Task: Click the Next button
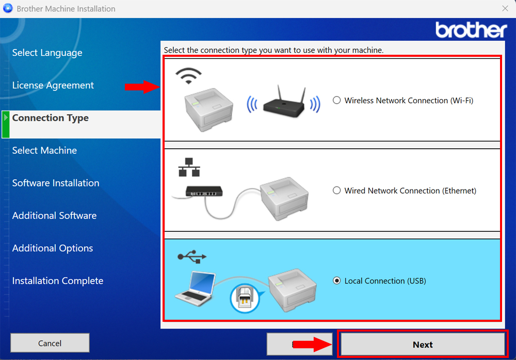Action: (423, 345)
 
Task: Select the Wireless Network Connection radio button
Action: (337, 100)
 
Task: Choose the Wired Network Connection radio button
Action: (337, 191)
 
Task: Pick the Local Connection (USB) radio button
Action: (337, 281)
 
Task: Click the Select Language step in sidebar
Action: (47, 53)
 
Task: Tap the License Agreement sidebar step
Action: (53, 85)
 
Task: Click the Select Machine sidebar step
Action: (44, 150)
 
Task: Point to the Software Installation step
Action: (56, 183)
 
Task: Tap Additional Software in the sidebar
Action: (54, 215)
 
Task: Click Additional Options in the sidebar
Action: (53, 248)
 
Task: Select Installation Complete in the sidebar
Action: (58, 280)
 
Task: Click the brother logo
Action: (471, 30)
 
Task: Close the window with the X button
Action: (505, 8)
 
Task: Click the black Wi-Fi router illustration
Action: (283, 104)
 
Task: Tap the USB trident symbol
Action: (191, 256)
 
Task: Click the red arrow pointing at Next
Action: (312, 345)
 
